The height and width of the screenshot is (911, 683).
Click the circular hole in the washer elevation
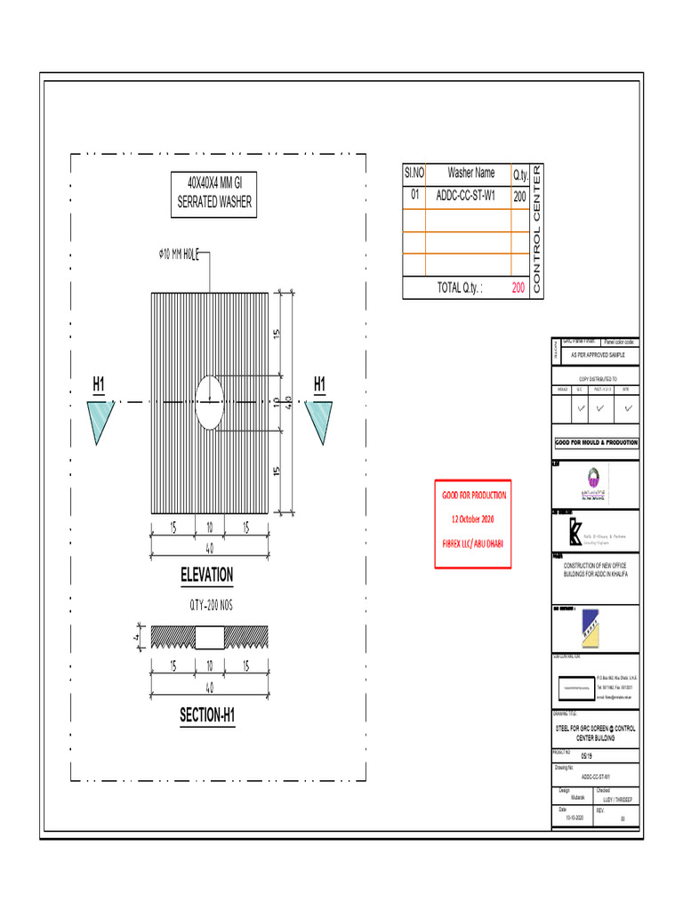coord(210,402)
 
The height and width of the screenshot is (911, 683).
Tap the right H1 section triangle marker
coord(319,418)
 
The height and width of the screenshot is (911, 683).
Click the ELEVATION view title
coord(206,575)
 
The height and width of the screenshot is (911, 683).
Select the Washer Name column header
coord(471,173)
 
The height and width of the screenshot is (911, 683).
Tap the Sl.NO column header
coord(414,173)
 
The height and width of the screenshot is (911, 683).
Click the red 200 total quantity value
coord(518,288)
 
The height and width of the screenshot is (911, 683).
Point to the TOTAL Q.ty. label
coord(460,288)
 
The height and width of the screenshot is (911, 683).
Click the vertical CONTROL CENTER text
coord(536,231)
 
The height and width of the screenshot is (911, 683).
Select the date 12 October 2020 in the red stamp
coord(475,518)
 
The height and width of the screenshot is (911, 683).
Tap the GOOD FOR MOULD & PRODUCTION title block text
coord(596,442)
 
